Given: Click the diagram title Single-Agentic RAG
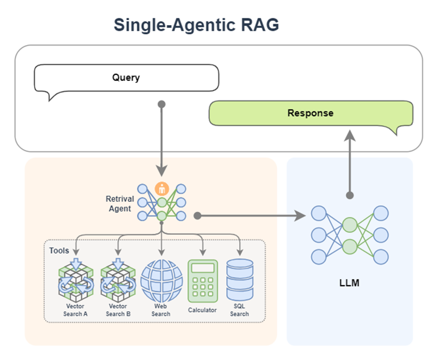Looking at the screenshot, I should tap(196, 25).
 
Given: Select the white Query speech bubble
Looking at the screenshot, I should tap(126, 78).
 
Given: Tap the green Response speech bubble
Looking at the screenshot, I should tap(310, 113).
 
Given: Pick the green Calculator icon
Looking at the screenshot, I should tap(202, 281).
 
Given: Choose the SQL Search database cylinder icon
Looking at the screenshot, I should tap(240, 280).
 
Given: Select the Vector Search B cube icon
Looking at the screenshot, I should tap(118, 280).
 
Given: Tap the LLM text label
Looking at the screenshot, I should tap(349, 283).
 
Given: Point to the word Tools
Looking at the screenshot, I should tap(59, 250).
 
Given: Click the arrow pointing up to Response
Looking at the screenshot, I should tap(350, 162).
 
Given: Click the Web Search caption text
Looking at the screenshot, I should tap(161, 310).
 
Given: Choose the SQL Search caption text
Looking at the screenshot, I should tap(240, 310).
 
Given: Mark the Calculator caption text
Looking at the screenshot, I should tap(202, 310).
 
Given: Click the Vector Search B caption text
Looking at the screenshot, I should tap(118, 310).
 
